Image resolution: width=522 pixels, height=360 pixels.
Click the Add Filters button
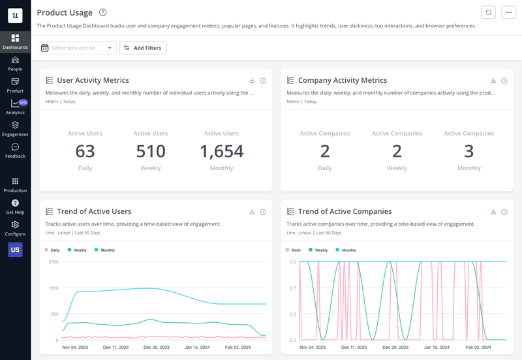pos(143,48)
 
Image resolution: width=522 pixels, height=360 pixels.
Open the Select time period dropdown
pos(76,48)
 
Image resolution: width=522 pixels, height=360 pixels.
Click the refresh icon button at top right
pos(488,12)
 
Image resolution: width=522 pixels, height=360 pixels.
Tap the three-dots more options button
pos(509,12)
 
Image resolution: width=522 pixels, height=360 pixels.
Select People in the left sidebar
pos(15,64)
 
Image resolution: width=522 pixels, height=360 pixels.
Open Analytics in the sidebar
pos(15,107)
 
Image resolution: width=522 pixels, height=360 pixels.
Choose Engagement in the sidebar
pos(15,128)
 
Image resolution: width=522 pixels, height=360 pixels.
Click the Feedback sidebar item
pos(15,151)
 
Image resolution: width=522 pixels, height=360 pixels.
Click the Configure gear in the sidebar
pos(15,228)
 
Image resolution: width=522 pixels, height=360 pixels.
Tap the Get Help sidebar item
pos(15,207)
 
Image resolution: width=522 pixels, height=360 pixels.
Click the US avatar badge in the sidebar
pos(15,249)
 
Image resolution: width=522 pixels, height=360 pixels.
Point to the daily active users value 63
pos(85,151)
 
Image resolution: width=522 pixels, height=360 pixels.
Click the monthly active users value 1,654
pos(221,151)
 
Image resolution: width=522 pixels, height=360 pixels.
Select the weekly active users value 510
pos(151,151)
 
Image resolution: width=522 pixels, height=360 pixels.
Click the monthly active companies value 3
pos(468,151)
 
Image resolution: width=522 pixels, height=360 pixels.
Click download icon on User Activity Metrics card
pos(252,81)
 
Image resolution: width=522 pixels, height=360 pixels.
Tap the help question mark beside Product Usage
pos(102,12)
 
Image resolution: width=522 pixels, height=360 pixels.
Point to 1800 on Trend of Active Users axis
pos(54,288)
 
